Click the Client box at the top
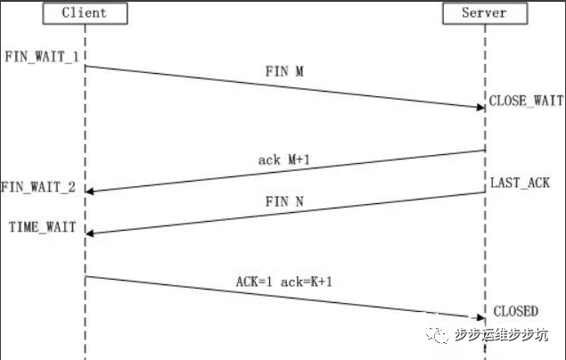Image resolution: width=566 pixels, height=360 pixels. (x=85, y=13)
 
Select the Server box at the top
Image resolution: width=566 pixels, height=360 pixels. (x=485, y=13)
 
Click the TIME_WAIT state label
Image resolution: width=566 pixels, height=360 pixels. (x=42, y=227)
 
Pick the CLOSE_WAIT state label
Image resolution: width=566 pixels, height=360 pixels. (x=526, y=101)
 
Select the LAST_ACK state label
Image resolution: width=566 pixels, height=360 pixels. (x=520, y=183)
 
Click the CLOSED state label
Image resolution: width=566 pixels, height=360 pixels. (x=515, y=311)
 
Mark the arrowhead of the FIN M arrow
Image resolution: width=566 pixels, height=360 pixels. (x=479, y=107)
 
